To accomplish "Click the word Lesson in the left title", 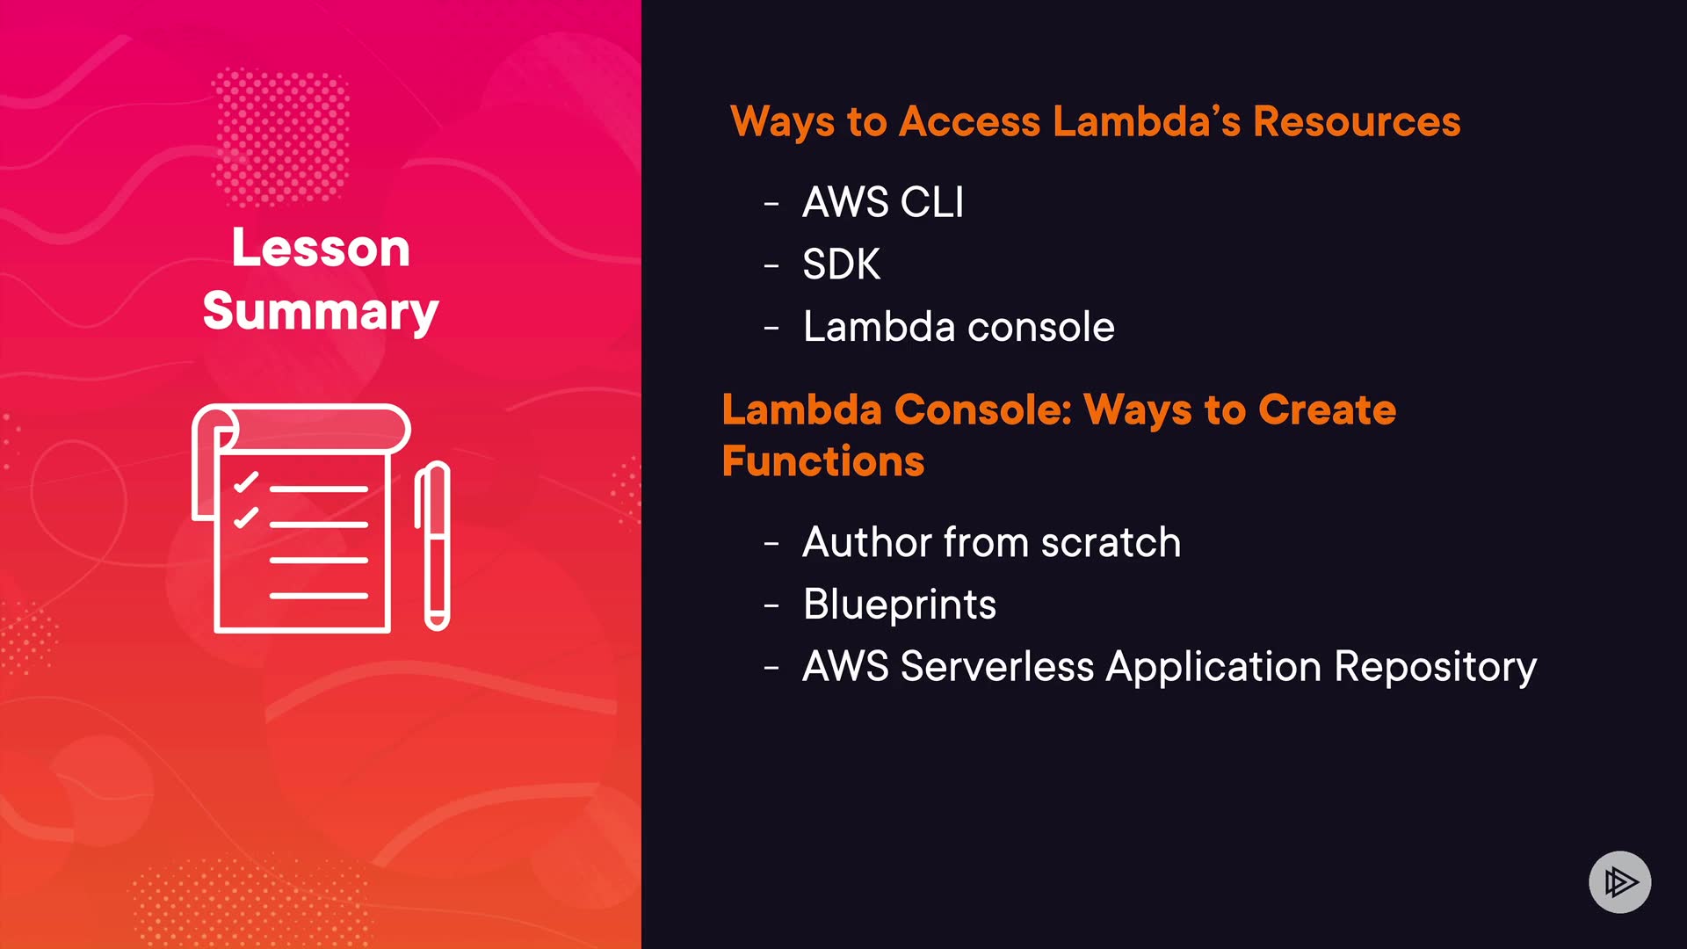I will [321, 249].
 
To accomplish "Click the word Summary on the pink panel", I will [321, 312].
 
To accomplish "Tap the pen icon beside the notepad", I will [434, 545].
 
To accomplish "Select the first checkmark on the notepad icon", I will [246, 482].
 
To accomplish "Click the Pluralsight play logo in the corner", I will [1619, 881].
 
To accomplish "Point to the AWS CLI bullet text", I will [883, 202].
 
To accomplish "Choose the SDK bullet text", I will [841, 264].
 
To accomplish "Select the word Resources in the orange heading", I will [1357, 121].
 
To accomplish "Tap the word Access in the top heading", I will [970, 121].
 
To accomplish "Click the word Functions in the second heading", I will [823, 461].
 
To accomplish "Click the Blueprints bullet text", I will [900, 605].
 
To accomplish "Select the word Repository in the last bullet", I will [1436, 667].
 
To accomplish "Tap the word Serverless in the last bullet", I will [997, 667].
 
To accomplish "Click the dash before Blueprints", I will [771, 606].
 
